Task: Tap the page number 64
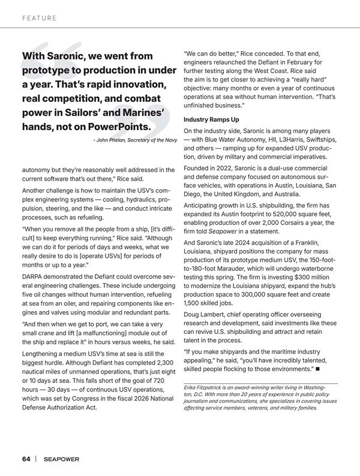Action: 26,459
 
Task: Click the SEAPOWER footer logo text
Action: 61,459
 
